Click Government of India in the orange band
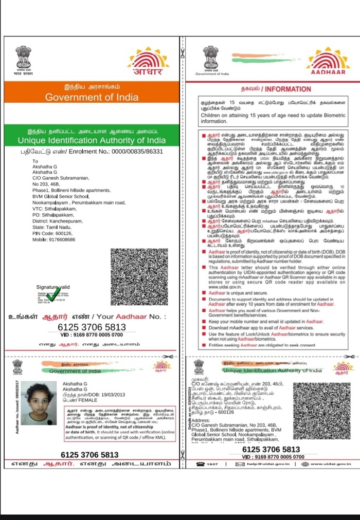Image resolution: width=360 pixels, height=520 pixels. [x=92, y=97]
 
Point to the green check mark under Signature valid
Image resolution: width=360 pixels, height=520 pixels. [x=52, y=295]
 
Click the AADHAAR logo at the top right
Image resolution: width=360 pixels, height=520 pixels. [x=328, y=61]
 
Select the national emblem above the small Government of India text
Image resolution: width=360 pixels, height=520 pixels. [x=211, y=58]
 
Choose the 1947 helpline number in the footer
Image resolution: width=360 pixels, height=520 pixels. [x=212, y=465]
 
